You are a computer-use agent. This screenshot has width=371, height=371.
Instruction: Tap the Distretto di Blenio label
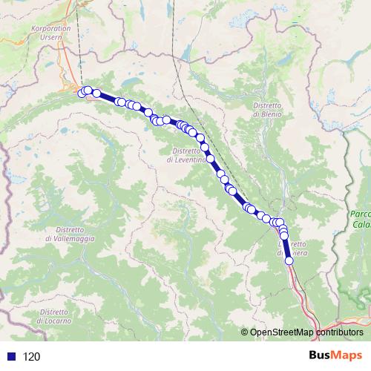click(266, 111)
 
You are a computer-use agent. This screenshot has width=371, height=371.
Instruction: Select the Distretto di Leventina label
click(181, 156)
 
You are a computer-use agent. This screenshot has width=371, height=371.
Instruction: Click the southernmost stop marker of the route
click(289, 260)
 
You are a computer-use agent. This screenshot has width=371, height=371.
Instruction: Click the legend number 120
click(31, 357)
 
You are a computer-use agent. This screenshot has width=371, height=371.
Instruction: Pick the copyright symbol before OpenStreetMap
click(244, 332)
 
